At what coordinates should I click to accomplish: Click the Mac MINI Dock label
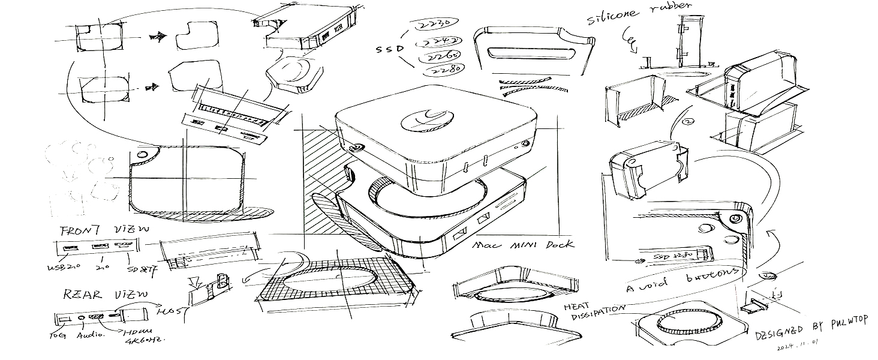click(x=523, y=244)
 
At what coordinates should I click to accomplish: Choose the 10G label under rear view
click(x=57, y=335)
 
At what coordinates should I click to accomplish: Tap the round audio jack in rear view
click(x=79, y=316)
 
